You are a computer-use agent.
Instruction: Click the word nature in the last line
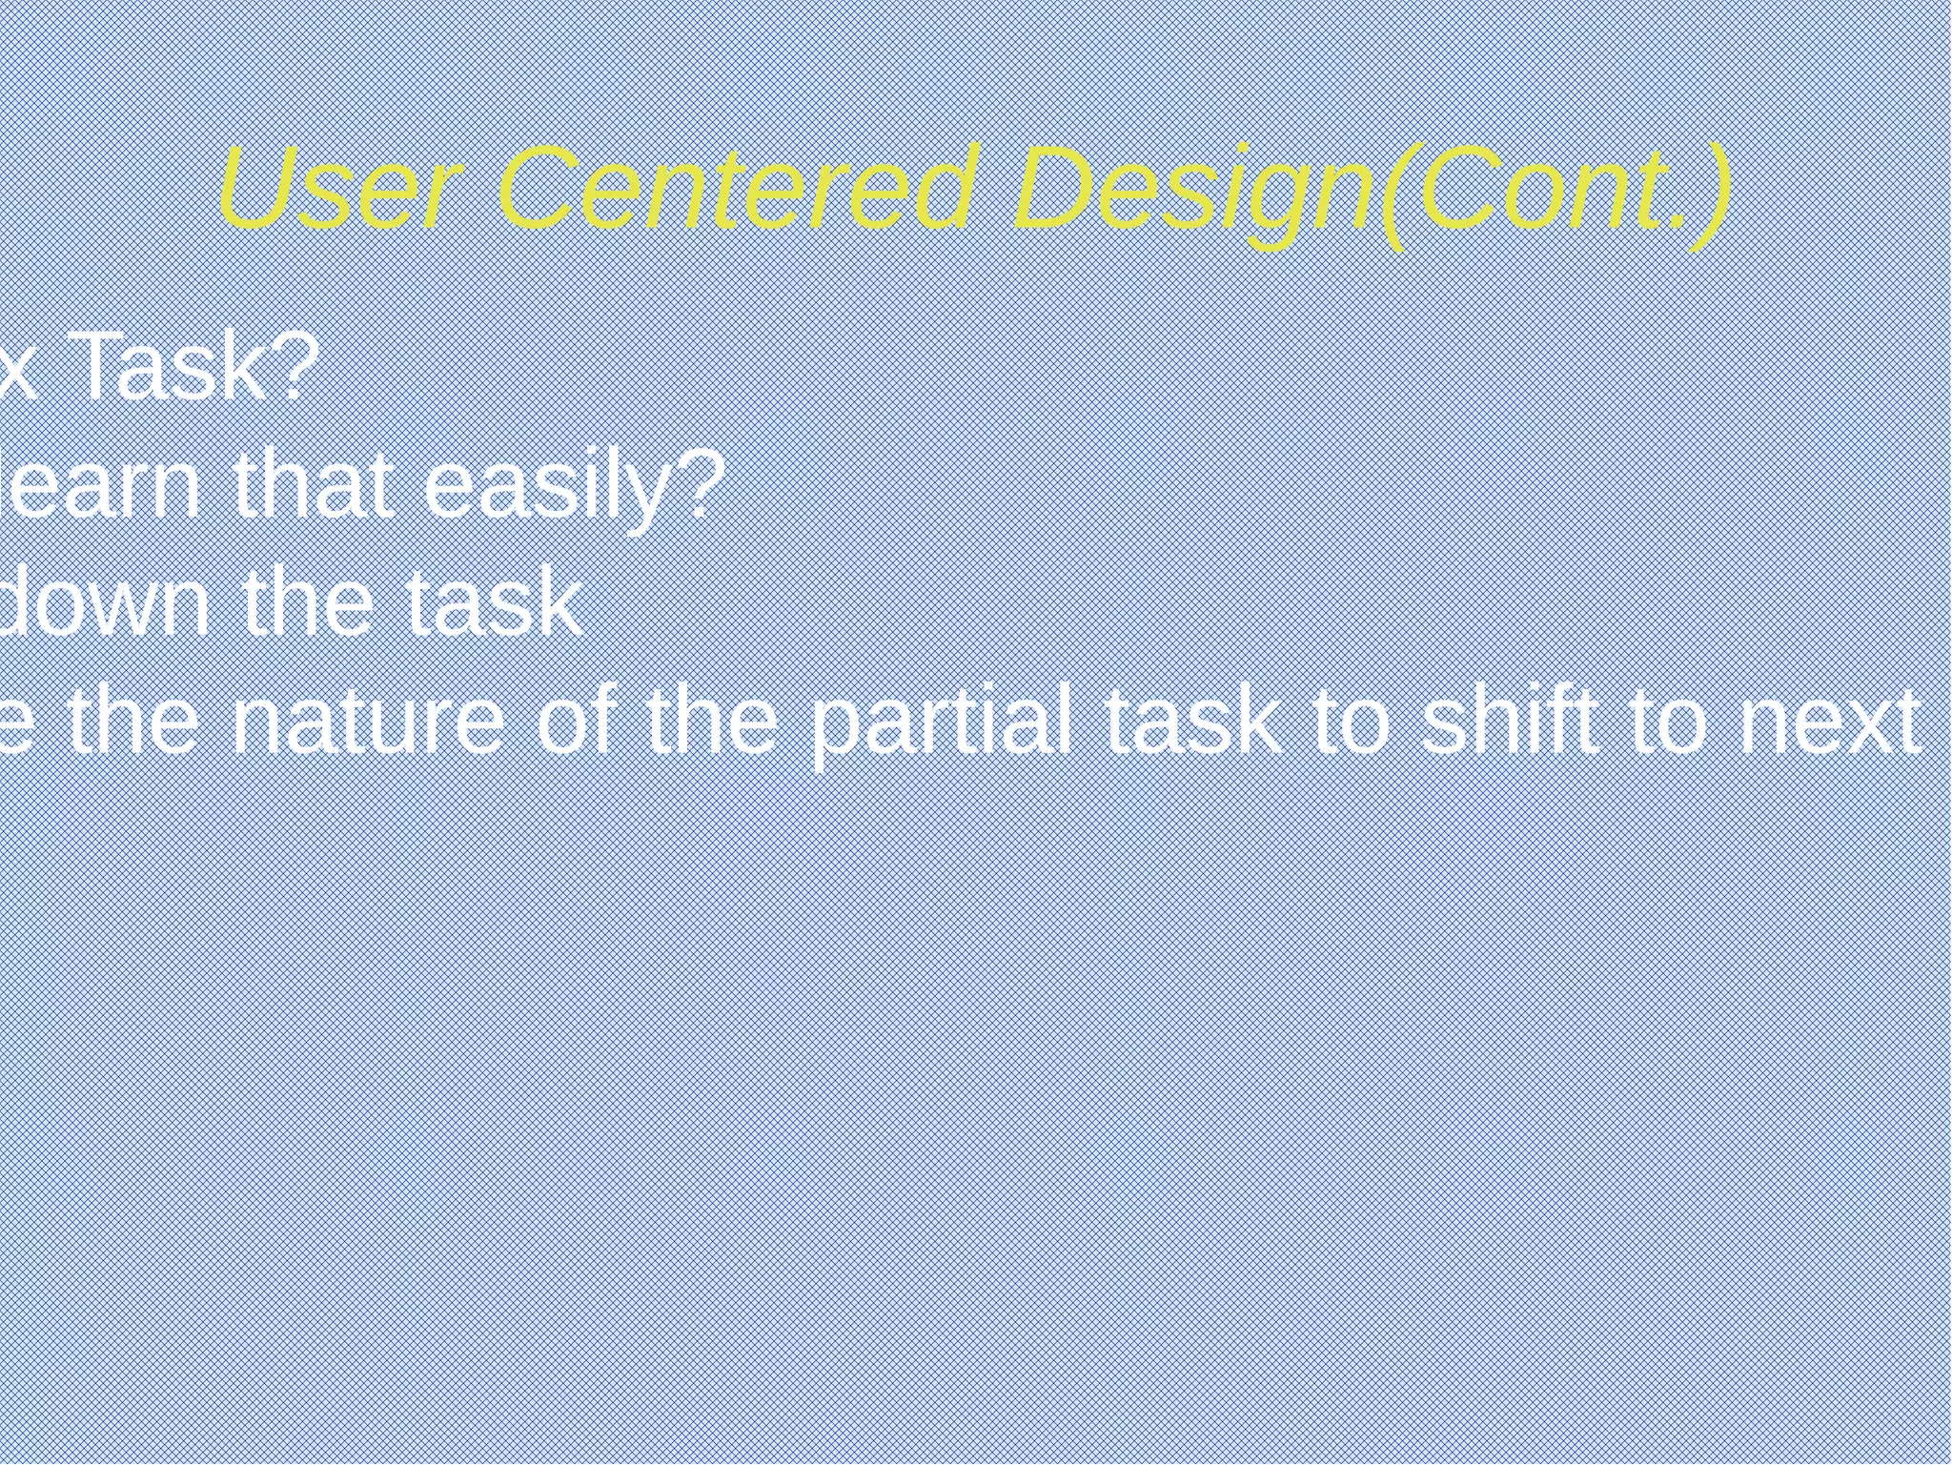(367, 722)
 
